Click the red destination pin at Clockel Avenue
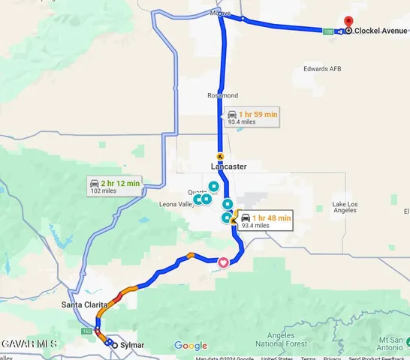[348, 22]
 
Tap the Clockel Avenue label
[380, 31]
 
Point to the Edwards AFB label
[322, 69]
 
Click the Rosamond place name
[222, 96]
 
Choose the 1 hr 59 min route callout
[252, 117]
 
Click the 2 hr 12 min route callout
[114, 186]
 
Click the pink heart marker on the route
[222, 262]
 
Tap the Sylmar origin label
[132, 346]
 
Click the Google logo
[190, 346]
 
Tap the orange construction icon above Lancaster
[220, 157]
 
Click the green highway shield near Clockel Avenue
[328, 31]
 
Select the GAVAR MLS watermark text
[29, 343]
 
